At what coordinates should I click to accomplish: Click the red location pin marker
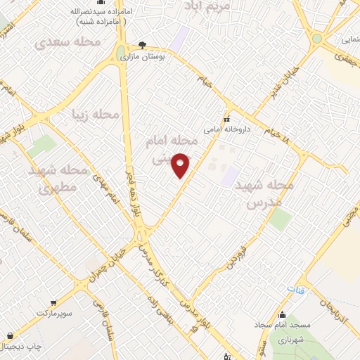point(181,165)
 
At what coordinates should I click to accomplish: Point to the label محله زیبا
point(96,113)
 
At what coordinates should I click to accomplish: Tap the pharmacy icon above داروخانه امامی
point(227,117)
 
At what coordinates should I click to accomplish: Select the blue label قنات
point(295,289)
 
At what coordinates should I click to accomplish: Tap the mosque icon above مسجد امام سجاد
point(283,314)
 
